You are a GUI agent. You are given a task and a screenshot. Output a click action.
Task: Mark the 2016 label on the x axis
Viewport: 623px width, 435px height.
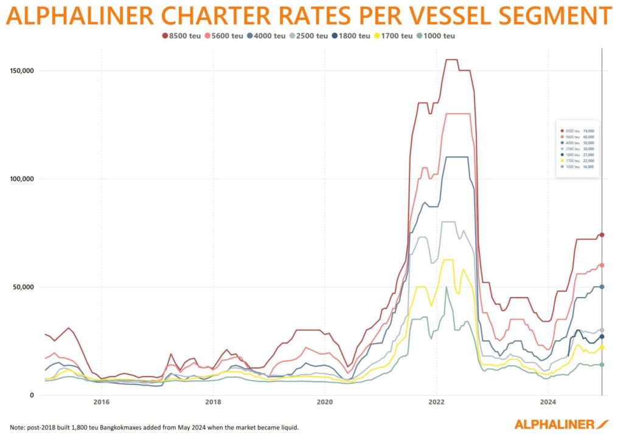(101, 402)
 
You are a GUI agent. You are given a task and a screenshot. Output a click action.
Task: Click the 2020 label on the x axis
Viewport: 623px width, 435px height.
(324, 402)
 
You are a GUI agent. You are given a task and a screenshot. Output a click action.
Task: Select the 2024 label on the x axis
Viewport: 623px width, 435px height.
(548, 402)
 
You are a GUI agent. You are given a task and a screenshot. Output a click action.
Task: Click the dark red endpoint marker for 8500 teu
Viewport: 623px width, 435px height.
(602, 235)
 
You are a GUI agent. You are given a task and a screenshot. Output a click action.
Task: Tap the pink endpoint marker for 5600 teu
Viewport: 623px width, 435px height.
(602, 265)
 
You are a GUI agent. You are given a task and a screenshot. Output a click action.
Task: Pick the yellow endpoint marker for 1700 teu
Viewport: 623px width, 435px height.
(602, 347)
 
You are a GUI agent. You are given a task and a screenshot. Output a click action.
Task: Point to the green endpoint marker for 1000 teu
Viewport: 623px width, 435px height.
(602, 364)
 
